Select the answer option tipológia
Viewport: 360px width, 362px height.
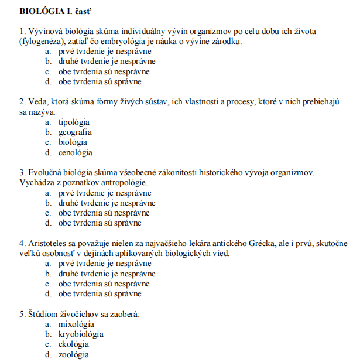coord(74,122)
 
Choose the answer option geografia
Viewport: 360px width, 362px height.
coord(75,132)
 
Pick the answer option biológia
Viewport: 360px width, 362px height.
coord(73,142)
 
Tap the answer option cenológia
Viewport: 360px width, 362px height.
coord(75,152)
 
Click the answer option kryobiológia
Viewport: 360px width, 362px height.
coord(81,334)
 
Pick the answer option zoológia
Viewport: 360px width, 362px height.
coord(74,354)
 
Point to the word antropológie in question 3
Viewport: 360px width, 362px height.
coord(119,182)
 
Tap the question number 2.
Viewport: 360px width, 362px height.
coord(22,101)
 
